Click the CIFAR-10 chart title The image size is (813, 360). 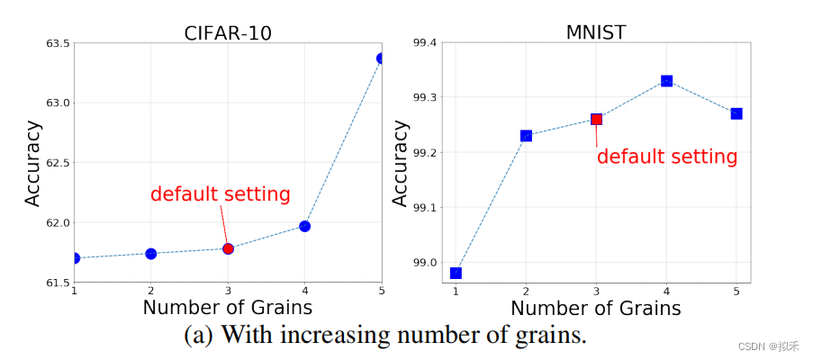click(227, 32)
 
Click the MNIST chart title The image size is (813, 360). click(595, 32)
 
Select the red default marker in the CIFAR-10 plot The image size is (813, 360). click(228, 248)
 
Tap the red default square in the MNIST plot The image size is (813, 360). click(596, 119)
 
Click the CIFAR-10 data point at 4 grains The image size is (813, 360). click(304, 226)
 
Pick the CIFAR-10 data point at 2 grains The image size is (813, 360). click(151, 254)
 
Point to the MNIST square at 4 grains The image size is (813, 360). click(666, 81)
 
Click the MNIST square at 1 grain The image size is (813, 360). click(456, 273)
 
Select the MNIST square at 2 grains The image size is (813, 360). click(526, 136)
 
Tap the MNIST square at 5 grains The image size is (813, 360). click(736, 113)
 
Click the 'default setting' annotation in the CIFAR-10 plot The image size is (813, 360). click(220, 194)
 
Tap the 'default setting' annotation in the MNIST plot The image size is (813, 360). click(666, 157)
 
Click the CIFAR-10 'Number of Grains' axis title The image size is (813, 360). click(227, 308)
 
